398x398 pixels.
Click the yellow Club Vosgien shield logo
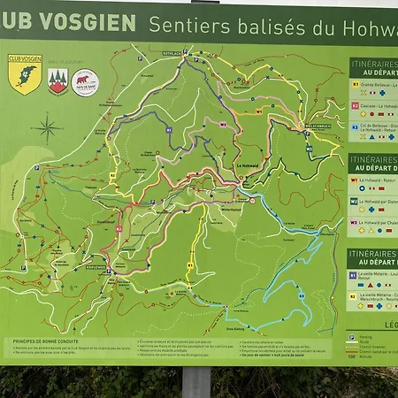(x=24, y=76)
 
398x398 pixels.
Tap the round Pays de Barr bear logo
(x=85, y=82)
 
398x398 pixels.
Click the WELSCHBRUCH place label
(x=316, y=124)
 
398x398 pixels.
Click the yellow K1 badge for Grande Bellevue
(x=356, y=85)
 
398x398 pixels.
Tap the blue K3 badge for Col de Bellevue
(x=356, y=126)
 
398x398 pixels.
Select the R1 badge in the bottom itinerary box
(x=356, y=275)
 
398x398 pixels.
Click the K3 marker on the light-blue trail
(x=302, y=283)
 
